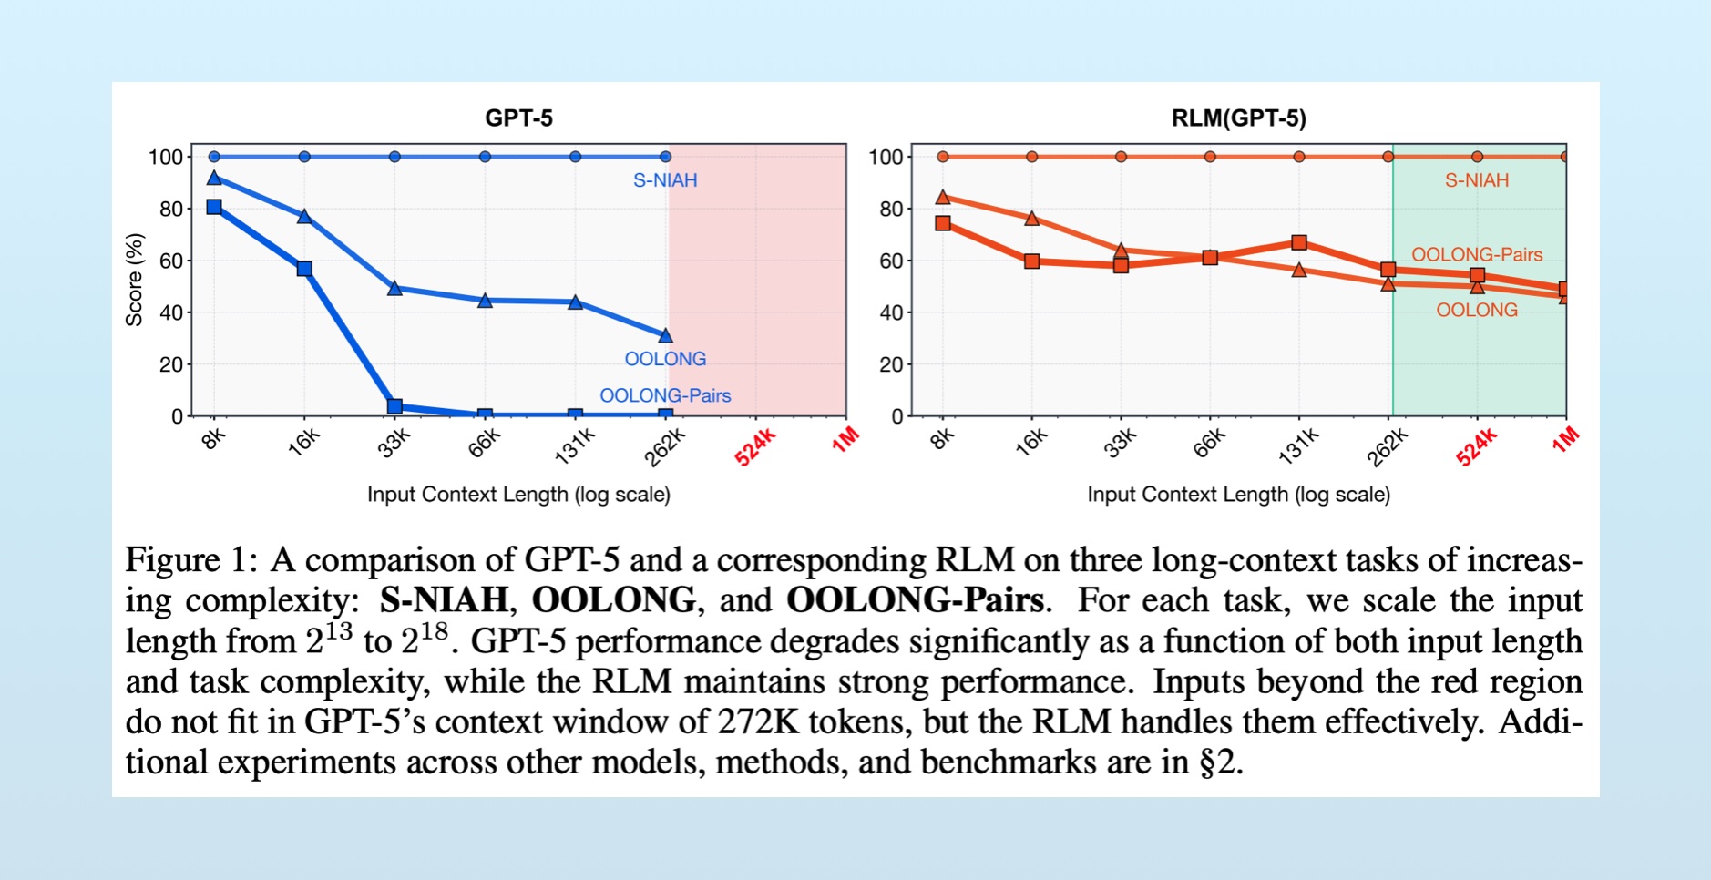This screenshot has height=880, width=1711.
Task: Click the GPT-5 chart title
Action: pos(518,118)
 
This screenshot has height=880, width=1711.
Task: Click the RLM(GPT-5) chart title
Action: pos(1238,118)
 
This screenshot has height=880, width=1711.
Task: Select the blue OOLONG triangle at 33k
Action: pos(394,288)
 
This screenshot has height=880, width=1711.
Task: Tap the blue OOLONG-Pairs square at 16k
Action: pos(304,269)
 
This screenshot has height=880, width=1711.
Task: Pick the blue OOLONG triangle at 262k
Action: pos(665,336)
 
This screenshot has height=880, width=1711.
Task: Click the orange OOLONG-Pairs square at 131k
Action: pos(1299,242)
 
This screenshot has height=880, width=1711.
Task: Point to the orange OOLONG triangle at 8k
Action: pos(943,197)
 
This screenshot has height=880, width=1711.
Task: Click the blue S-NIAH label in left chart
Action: pos(665,180)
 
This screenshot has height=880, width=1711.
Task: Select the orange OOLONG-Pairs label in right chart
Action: pos(1477,255)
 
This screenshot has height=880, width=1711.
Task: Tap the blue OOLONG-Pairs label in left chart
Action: pos(665,395)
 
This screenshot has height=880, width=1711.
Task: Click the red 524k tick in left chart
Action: pos(755,447)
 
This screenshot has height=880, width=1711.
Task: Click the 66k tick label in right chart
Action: pos(1210,443)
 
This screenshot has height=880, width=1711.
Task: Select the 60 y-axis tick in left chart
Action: pos(171,261)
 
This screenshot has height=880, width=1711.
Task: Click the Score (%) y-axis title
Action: pos(135,280)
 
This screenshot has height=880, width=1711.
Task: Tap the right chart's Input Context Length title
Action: pos(1238,495)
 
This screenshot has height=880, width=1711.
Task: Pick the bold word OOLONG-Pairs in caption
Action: pos(915,600)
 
